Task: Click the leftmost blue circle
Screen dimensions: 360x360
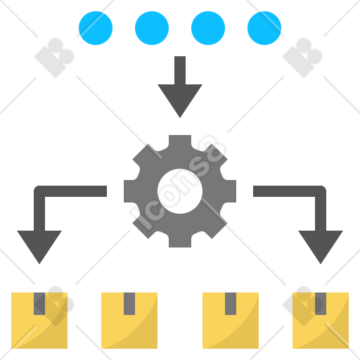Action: [96, 28]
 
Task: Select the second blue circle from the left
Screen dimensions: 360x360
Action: [152, 28]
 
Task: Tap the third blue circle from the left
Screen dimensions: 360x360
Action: [208, 28]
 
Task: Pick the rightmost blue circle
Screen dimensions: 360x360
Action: [264, 28]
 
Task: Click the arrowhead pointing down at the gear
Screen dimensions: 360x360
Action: [180, 98]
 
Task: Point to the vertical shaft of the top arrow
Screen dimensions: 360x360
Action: [180, 70]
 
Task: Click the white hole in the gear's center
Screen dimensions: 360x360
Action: [180, 191]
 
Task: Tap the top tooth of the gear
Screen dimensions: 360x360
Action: [180, 143]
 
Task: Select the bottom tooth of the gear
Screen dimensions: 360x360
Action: [180, 240]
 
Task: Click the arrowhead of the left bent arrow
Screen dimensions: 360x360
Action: [39, 245]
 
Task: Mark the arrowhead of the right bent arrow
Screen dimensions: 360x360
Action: [321, 245]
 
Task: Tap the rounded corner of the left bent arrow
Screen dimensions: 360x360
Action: [38, 190]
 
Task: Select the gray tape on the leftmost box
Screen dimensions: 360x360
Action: [39, 304]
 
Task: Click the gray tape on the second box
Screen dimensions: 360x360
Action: [129, 304]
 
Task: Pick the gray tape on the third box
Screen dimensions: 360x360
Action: [231, 304]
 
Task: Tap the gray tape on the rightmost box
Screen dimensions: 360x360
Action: [321, 304]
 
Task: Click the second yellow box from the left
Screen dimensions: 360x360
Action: [129, 328]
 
